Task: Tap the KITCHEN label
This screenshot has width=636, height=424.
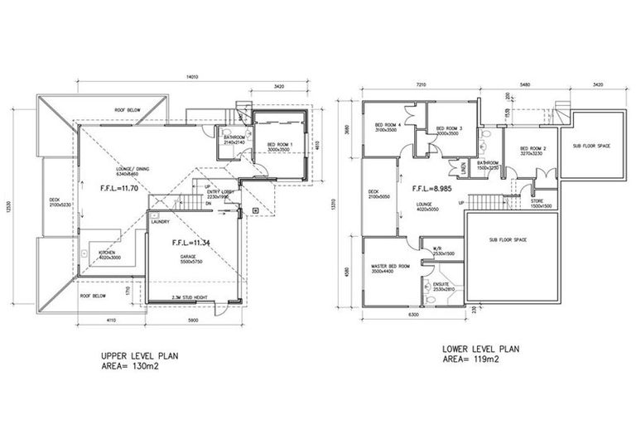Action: tap(106, 252)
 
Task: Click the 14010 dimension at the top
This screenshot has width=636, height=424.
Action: tap(192, 78)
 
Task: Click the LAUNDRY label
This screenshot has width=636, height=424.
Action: tap(161, 222)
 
